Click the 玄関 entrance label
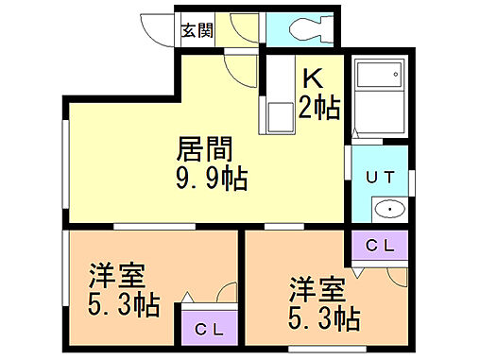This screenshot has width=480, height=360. (197, 29)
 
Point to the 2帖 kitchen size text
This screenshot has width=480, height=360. (320, 106)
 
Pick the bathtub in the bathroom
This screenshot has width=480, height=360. (382, 97)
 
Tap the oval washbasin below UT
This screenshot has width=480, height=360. (387, 209)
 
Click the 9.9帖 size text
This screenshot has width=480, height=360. (211, 179)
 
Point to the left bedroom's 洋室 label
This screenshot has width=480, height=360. (117, 278)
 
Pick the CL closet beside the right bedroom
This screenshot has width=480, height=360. (380, 245)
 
